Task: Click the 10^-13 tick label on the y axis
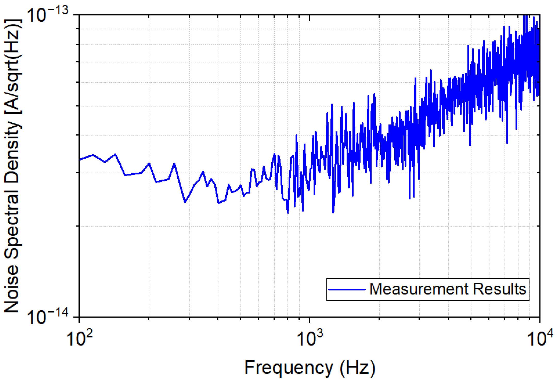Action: point(47,15)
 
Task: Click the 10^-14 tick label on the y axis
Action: point(47,317)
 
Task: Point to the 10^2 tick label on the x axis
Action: point(79,338)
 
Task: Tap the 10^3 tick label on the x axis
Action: point(309,338)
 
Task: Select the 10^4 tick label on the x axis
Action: point(540,338)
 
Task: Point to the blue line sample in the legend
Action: point(347,289)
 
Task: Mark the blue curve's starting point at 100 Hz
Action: point(80,160)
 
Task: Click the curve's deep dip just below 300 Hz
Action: point(185,202)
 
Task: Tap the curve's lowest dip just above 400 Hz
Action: point(219,203)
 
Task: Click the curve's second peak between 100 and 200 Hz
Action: point(115,154)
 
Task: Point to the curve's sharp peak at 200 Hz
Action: point(149,163)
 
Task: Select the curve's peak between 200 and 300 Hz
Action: point(175,164)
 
